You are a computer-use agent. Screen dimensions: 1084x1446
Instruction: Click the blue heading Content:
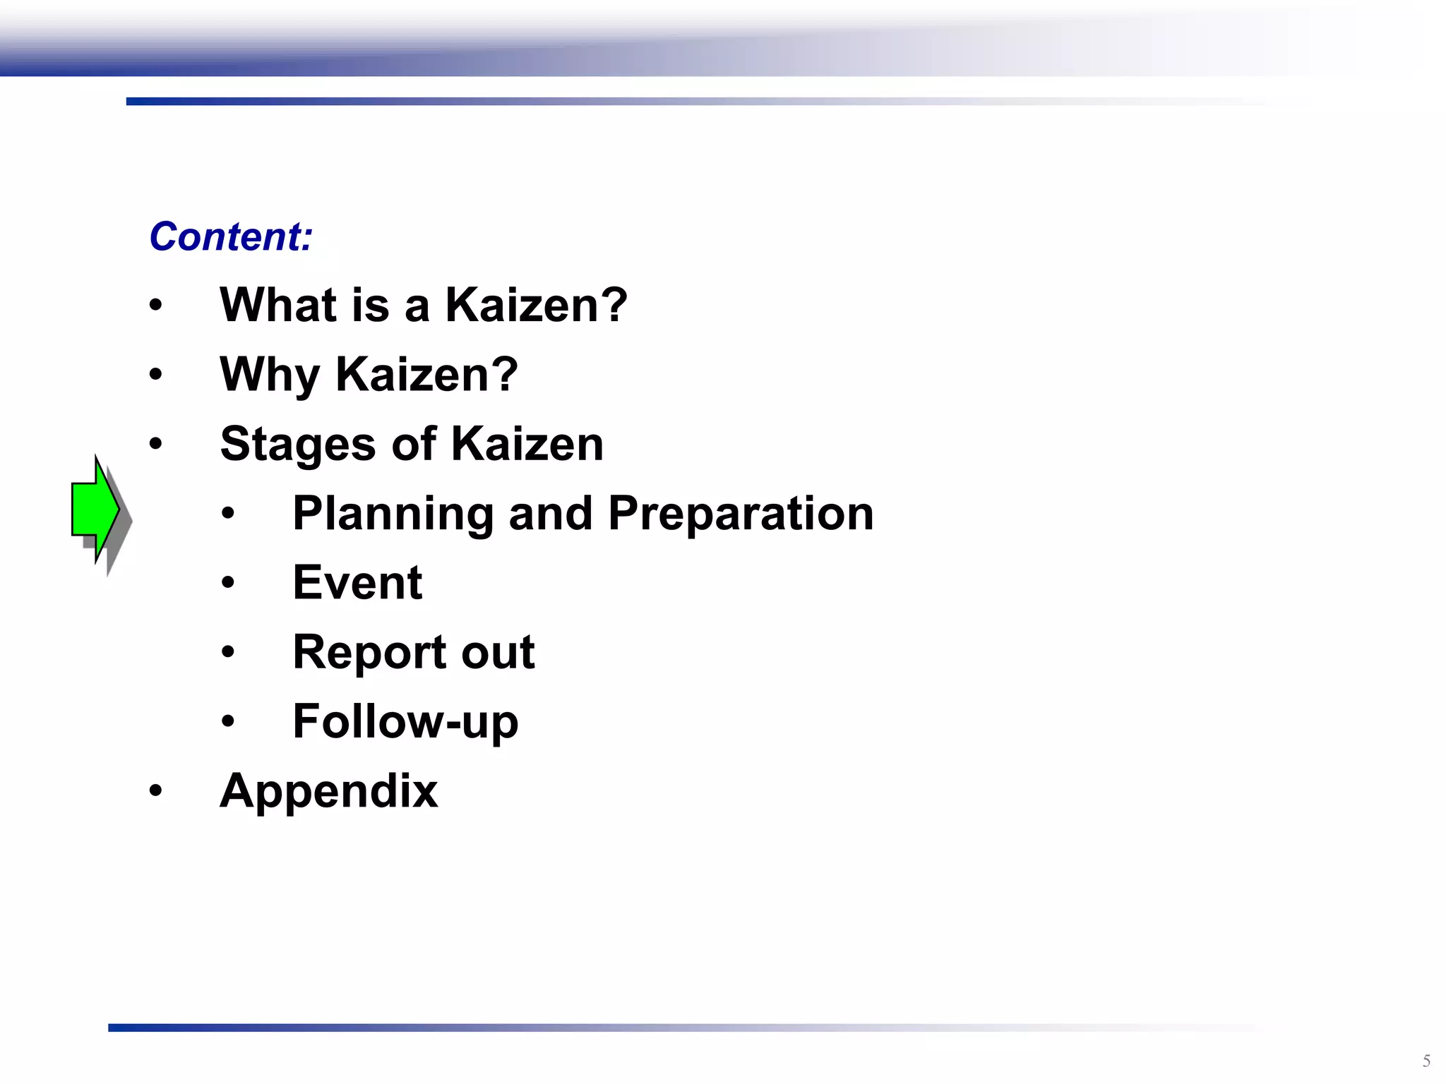coord(231,236)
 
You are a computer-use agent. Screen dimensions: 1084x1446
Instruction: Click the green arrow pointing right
coord(95,509)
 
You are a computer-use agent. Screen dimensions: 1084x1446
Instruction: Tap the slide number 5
coord(1426,1061)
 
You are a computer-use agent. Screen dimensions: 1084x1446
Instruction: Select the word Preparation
coord(741,513)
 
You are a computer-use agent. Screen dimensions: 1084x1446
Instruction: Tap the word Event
coord(357,583)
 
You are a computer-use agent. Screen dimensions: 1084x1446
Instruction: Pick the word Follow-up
coord(405,721)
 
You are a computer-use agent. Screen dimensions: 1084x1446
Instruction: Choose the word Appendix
coord(328,790)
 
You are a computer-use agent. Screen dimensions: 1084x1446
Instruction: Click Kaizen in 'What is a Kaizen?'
coord(536,305)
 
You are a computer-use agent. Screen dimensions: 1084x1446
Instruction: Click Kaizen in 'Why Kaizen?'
coord(426,374)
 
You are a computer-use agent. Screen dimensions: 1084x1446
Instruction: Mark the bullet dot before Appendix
coord(155,790)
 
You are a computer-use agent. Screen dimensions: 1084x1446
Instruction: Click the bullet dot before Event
coord(227,583)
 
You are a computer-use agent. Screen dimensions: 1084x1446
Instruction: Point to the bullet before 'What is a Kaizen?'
coord(155,306)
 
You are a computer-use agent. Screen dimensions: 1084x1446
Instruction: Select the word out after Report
coord(498,652)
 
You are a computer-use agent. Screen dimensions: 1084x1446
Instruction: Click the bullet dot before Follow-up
coord(227,721)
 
